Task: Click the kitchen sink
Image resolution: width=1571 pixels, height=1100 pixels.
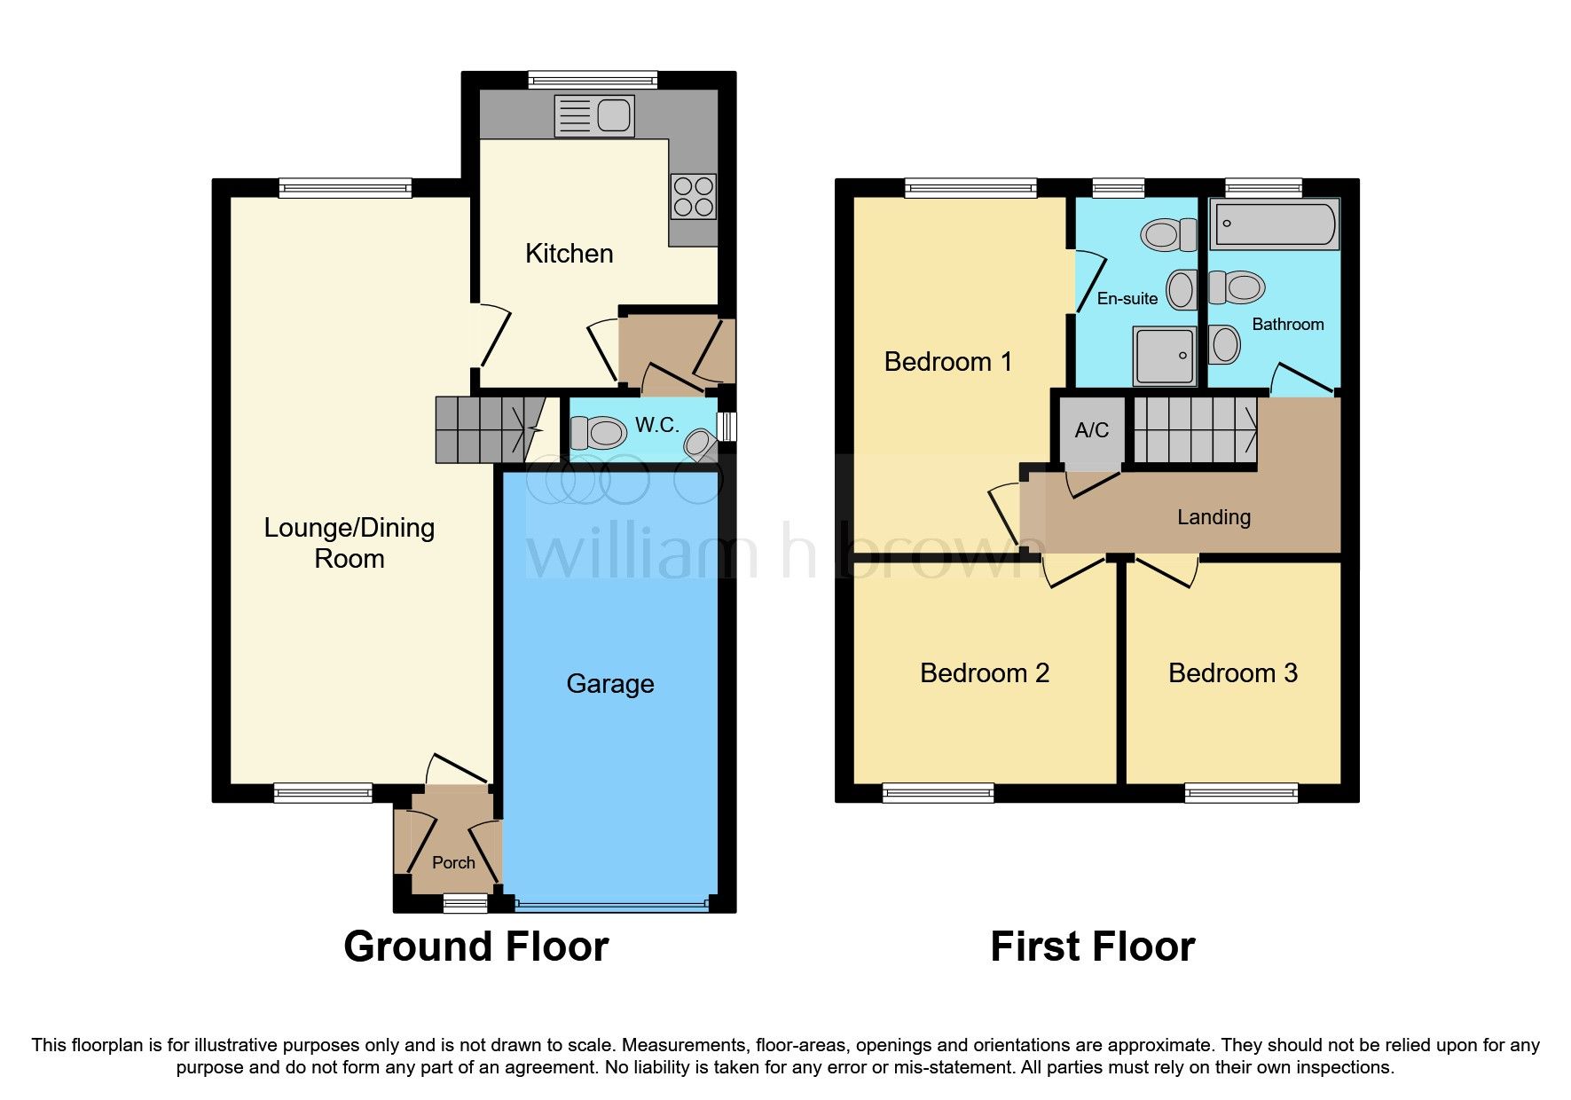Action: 594,115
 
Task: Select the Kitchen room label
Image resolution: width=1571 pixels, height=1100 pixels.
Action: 569,254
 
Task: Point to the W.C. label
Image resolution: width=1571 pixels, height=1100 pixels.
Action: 657,425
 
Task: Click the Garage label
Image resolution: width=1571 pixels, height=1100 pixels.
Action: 610,684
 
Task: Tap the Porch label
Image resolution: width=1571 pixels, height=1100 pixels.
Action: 453,862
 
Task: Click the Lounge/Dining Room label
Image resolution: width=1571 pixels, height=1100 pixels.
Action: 350,543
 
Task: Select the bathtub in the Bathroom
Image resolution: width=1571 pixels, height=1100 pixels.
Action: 1274,223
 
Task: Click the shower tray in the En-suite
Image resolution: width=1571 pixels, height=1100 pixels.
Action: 1165,356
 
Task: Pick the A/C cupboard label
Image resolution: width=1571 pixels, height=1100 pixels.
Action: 1092,430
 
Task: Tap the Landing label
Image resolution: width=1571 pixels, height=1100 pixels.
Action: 1214,517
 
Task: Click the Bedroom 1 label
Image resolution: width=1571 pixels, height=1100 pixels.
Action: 948,362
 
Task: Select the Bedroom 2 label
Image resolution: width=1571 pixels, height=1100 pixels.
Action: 985,673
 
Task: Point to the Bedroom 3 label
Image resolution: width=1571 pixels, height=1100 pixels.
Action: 1233,673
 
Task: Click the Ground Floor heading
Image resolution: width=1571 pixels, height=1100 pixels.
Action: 476,947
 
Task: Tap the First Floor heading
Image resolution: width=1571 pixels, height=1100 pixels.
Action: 1093,947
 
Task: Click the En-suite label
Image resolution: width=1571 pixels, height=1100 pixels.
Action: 1127,299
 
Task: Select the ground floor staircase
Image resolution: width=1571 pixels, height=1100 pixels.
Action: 489,429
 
